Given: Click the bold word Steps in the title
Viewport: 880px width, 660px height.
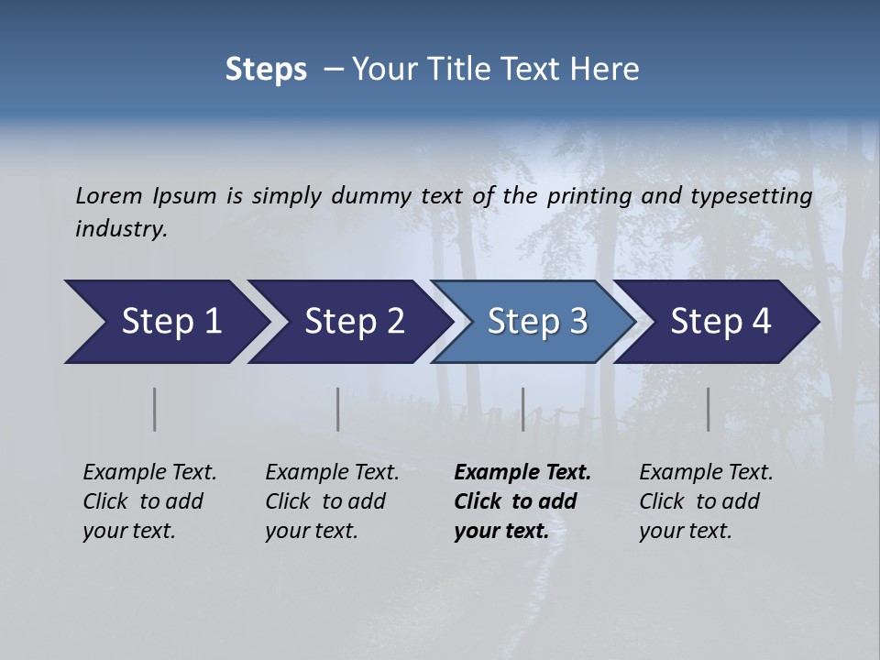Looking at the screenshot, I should click(266, 70).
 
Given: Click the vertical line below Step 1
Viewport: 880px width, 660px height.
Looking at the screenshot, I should click(155, 409).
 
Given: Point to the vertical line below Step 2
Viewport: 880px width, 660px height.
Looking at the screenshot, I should click(338, 409).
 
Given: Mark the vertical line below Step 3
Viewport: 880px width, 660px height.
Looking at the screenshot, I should click(523, 409).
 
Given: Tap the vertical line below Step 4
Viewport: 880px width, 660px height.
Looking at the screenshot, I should click(709, 409).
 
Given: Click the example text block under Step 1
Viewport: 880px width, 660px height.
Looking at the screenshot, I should click(149, 501).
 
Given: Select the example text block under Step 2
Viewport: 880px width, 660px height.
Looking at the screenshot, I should click(332, 501).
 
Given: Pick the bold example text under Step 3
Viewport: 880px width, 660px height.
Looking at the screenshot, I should click(522, 501).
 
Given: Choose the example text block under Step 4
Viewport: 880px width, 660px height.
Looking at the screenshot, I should click(706, 501).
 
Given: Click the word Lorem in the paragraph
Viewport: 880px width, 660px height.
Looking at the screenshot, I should click(109, 196).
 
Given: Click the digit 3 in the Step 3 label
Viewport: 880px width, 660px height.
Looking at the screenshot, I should click(578, 322).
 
